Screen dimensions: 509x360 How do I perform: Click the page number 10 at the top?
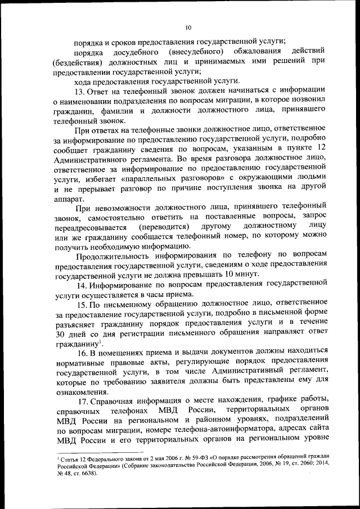tap(188, 27)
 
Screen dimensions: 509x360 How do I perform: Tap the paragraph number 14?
tap(82, 285)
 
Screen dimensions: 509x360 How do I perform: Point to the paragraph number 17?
tap(82, 400)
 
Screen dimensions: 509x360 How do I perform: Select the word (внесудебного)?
tap(183, 52)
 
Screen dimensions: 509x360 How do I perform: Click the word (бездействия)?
tap(78, 62)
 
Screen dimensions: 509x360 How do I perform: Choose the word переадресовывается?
tap(91, 227)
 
